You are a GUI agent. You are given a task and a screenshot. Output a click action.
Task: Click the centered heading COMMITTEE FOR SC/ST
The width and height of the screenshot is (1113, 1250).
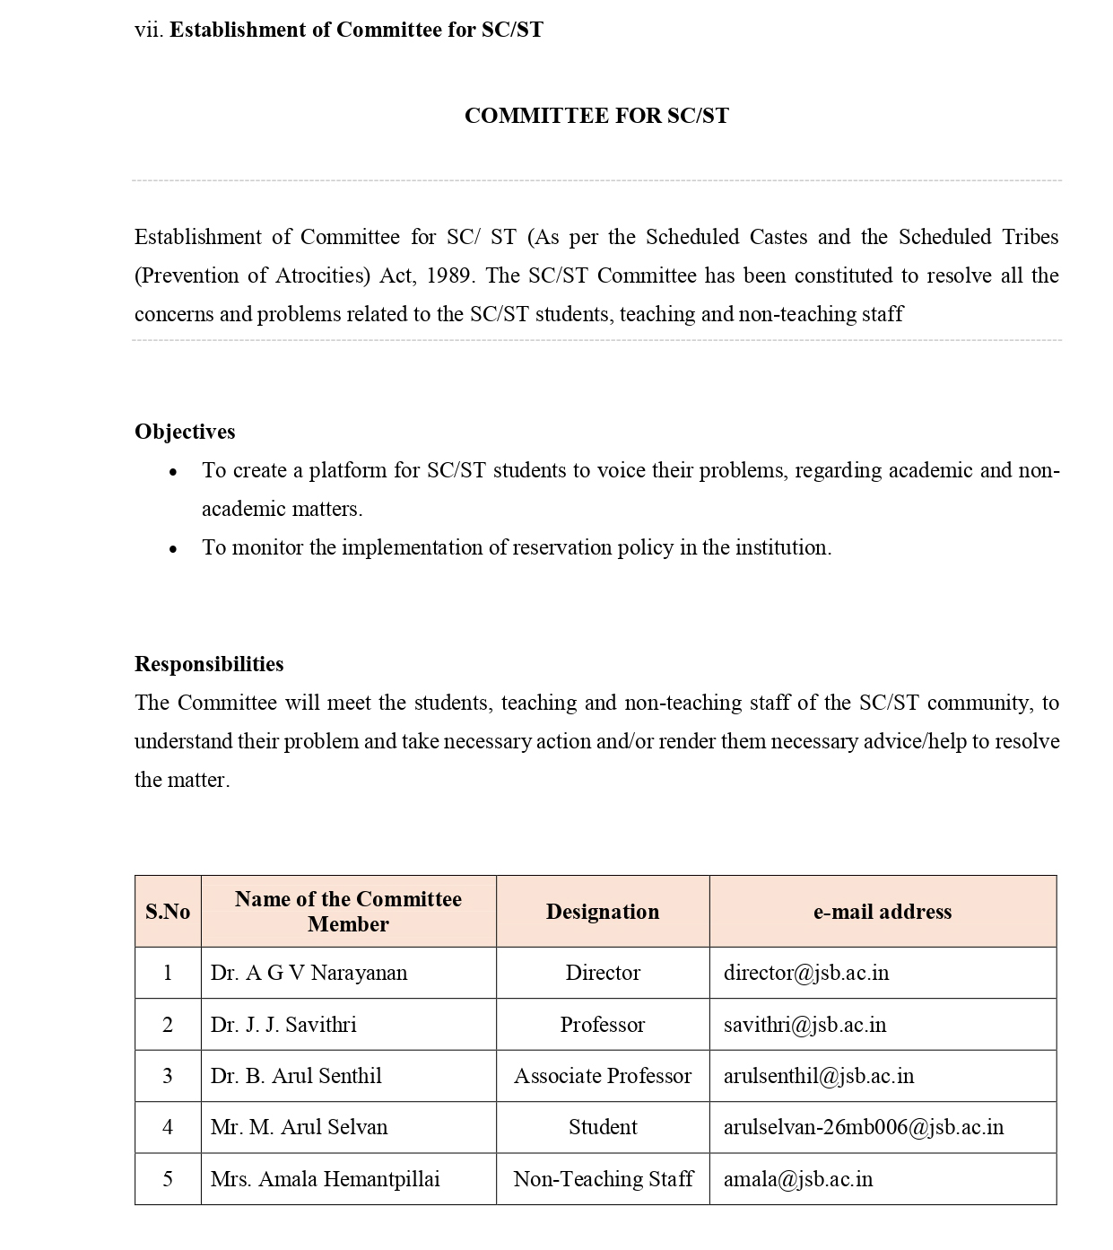click(x=596, y=116)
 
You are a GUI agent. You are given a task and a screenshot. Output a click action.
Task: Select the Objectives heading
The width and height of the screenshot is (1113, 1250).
click(x=185, y=432)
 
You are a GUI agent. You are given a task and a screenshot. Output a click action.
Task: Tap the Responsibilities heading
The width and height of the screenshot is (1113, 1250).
click(x=209, y=664)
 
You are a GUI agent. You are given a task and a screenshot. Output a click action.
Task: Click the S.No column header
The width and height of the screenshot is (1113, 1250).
click(x=168, y=912)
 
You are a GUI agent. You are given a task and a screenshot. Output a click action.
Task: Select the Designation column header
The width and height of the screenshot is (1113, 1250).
click(x=603, y=912)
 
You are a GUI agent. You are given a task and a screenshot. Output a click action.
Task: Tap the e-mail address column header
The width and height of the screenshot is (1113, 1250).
click(x=883, y=912)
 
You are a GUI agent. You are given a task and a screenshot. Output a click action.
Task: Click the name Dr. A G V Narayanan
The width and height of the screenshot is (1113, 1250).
click(x=309, y=973)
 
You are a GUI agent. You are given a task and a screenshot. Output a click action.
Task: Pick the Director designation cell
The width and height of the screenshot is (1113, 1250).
click(x=603, y=973)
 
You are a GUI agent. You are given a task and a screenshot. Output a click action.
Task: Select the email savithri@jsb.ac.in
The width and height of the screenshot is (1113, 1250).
click(x=804, y=1025)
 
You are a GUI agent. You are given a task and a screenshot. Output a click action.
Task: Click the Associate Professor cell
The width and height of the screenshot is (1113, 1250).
click(x=603, y=1076)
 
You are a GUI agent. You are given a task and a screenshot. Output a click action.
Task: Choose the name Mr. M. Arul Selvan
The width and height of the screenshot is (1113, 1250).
click(x=299, y=1127)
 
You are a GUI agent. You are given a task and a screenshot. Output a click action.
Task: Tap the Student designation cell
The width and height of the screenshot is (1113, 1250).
click(x=603, y=1127)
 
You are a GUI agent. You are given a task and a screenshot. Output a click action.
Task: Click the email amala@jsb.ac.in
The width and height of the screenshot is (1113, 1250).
click(x=798, y=1179)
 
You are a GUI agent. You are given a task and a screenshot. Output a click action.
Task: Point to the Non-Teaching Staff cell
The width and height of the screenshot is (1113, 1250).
click(x=603, y=1179)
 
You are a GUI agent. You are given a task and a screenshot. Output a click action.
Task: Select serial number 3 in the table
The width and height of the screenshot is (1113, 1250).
click(x=168, y=1076)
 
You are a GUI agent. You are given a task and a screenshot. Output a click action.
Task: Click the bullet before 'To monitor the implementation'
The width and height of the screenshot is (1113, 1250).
click(x=173, y=548)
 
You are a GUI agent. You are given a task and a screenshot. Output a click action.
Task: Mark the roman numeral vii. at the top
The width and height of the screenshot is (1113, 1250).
click(x=149, y=30)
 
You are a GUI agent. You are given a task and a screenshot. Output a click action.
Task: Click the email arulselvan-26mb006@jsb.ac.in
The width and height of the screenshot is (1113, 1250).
click(x=864, y=1127)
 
